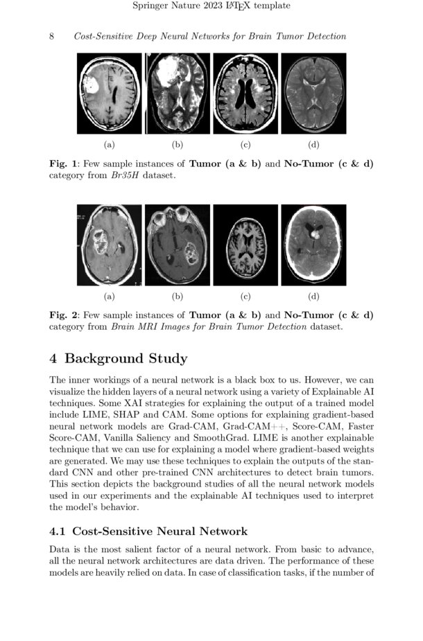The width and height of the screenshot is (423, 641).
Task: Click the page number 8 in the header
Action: (52, 36)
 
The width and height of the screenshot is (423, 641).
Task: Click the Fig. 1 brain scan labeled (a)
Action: (109, 93)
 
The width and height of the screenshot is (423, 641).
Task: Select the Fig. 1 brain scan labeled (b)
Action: (177, 93)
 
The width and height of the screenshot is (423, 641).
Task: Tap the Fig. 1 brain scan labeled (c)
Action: (245, 93)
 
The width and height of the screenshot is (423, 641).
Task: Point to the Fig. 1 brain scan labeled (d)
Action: (313, 93)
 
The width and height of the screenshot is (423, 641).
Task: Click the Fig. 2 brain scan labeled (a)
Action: (109, 245)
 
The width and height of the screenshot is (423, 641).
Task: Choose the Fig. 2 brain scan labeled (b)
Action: (177, 245)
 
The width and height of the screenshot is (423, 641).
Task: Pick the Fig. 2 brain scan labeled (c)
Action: (245, 245)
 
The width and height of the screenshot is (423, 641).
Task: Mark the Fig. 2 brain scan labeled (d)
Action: (313, 245)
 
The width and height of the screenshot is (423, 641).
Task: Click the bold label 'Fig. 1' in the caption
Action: (63, 164)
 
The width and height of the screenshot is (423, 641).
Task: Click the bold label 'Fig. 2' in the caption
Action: (63, 315)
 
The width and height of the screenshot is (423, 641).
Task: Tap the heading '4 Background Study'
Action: (119, 359)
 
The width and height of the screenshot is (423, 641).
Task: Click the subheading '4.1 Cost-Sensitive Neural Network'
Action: (148, 532)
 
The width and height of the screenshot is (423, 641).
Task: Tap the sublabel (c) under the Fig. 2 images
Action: (245, 297)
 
